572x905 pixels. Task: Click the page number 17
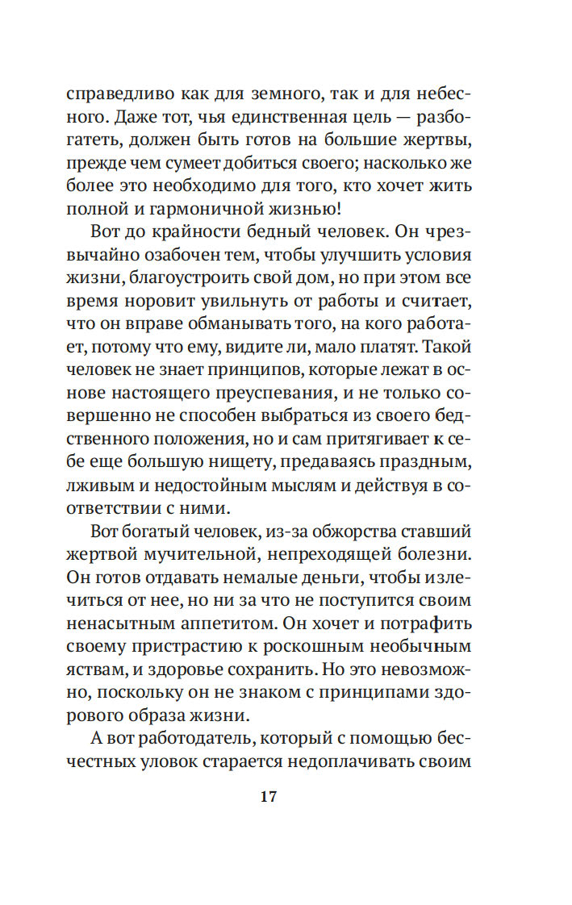pos(269,797)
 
